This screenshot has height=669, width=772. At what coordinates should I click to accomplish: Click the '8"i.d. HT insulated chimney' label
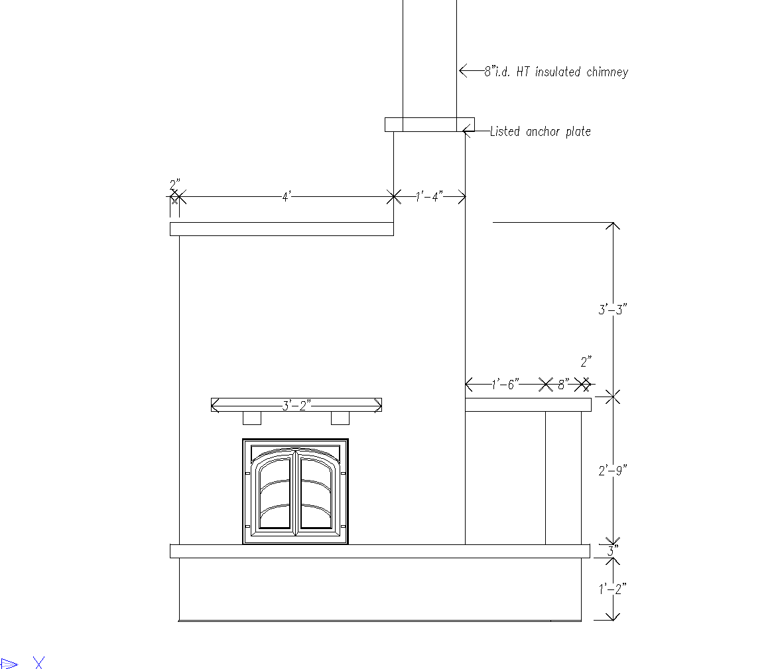[x=556, y=72]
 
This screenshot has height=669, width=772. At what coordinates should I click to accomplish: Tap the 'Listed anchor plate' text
[x=540, y=131]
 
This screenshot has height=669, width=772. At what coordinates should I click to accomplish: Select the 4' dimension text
[x=287, y=197]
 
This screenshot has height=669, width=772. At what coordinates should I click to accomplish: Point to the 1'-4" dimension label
[x=429, y=197]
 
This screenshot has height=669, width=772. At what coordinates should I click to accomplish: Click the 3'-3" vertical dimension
[x=612, y=309]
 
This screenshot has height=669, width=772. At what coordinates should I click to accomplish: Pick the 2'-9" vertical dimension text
[x=612, y=471]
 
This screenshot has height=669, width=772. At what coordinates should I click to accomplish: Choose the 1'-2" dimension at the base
[x=612, y=589]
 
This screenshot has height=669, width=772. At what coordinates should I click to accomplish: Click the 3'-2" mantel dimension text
[x=296, y=405]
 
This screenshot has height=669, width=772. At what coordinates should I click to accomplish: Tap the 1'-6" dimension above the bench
[x=505, y=384]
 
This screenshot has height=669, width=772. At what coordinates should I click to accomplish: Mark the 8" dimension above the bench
[x=563, y=384]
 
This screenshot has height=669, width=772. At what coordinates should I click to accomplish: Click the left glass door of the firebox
[x=274, y=492]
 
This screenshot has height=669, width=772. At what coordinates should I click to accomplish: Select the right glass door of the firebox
[x=318, y=492]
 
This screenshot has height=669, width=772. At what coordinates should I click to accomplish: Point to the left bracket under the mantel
[x=252, y=418]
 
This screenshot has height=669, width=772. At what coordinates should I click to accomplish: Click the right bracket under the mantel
[x=340, y=418]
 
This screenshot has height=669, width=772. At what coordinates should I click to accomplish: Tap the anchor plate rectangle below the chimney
[x=430, y=125]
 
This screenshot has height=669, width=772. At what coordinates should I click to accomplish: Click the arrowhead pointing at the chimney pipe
[x=463, y=71]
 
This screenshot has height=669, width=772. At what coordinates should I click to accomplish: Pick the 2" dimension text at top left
[x=175, y=185]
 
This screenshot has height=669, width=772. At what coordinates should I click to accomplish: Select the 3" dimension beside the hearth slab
[x=612, y=551]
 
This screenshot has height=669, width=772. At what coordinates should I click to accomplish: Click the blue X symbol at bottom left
[x=39, y=662]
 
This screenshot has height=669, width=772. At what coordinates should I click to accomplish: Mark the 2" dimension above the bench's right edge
[x=586, y=362]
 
